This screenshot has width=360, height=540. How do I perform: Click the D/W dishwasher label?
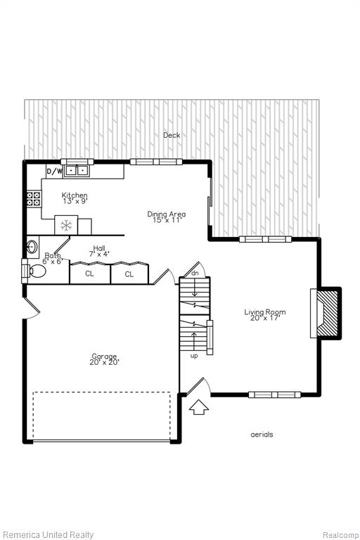pos(54,171)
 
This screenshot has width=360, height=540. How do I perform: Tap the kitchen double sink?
pos(76,170)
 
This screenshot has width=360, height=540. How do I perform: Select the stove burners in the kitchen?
pos(34,199)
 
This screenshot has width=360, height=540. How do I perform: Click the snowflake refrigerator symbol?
pos(66,226)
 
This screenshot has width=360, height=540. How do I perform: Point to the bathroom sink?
pos(32,247)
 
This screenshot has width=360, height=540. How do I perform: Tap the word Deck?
pos(172,135)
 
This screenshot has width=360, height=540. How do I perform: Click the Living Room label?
pos(265,312)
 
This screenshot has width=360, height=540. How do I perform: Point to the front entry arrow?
pos(199,406)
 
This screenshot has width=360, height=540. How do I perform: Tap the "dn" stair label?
pos(195,273)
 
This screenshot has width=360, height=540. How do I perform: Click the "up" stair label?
pos(194,356)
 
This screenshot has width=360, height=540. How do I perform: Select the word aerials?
pos(262,435)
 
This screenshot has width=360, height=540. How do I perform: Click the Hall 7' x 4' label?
pos(99,252)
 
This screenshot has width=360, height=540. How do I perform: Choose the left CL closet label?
pos(89,274)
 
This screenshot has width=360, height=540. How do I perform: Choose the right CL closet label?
pos(129,274)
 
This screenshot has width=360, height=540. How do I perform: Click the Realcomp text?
pos(340,535)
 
